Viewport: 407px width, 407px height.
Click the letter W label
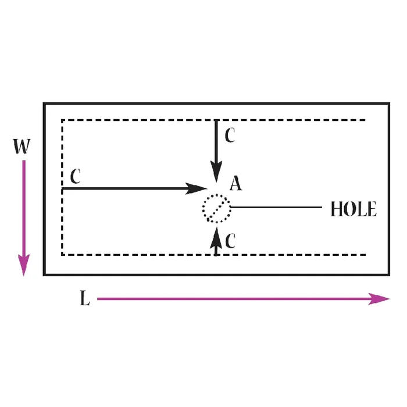[22, 146]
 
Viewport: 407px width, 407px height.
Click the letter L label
[85, 298]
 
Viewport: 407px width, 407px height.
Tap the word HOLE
[354, 209]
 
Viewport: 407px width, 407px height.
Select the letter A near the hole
[235, 184]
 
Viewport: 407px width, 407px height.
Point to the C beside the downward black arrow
[230, 135]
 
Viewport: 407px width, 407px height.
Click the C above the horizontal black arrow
[75, 176]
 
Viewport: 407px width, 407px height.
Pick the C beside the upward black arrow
[230, 241]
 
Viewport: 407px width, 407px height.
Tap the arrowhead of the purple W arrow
[24, 265]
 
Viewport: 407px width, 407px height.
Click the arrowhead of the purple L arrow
[379, 299]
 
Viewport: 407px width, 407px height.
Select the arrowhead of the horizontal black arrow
[196, 188]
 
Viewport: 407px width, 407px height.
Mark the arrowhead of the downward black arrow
[216, 172]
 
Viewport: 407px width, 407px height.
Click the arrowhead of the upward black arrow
[216, 237]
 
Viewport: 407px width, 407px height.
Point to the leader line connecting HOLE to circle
[276, 207]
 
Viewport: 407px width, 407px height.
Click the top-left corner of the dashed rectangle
[62, 120]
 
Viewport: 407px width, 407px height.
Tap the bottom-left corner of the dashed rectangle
[62, 255]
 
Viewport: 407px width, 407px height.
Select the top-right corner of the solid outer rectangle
[389, 103]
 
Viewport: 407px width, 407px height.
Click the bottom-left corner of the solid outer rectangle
[44, 274]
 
